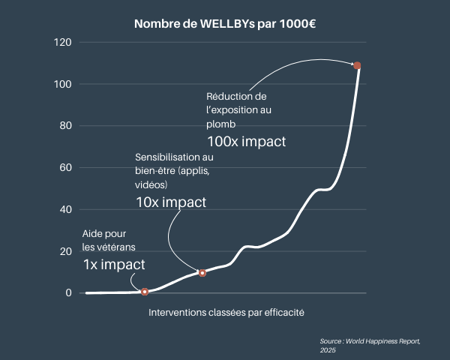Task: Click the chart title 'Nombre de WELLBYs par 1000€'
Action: pos(225,24)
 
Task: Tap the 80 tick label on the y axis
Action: pos(65,126)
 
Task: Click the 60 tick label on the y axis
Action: pos(65,168)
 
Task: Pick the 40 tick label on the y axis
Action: pos(65,209)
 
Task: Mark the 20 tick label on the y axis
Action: pos(65,251)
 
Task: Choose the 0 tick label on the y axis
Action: pos(68,293)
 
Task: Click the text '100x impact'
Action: pos(247,141)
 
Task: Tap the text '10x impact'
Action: pos(171,202)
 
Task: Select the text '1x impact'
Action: pos(114,264)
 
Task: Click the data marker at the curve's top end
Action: pos(358,65)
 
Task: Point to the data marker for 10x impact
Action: pos(202,272)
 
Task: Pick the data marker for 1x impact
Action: pos(145,291)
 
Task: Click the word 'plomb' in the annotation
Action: pos(221,124)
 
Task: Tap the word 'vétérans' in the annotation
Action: pos(118,247)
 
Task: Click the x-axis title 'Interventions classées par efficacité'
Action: pos(226,312)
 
